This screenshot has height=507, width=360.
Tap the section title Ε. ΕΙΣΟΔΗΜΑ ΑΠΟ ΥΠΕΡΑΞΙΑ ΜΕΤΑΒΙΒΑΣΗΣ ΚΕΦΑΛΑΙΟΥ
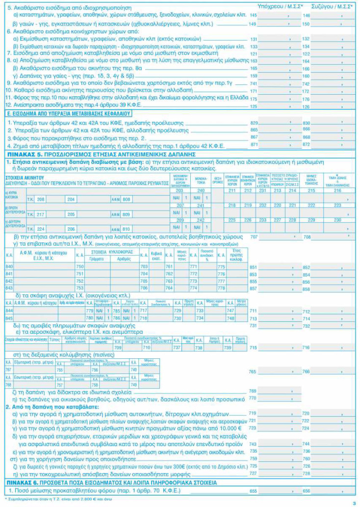tap(61, 113)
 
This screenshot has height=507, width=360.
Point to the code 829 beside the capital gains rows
tap(254, 122)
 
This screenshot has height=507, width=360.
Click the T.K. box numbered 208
tap(41, 199)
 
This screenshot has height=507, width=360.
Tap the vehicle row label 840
tap(9, 266)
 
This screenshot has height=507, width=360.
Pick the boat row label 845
tap(9, 318)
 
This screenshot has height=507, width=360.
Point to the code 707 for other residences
tap(254, 237)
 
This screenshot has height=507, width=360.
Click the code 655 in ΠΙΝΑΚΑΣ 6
tap(253, 490)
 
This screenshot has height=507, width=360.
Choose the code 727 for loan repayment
tap(253, 473)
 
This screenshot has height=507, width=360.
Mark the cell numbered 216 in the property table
tap(337, 190)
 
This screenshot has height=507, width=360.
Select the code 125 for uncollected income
tap(254, 106)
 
